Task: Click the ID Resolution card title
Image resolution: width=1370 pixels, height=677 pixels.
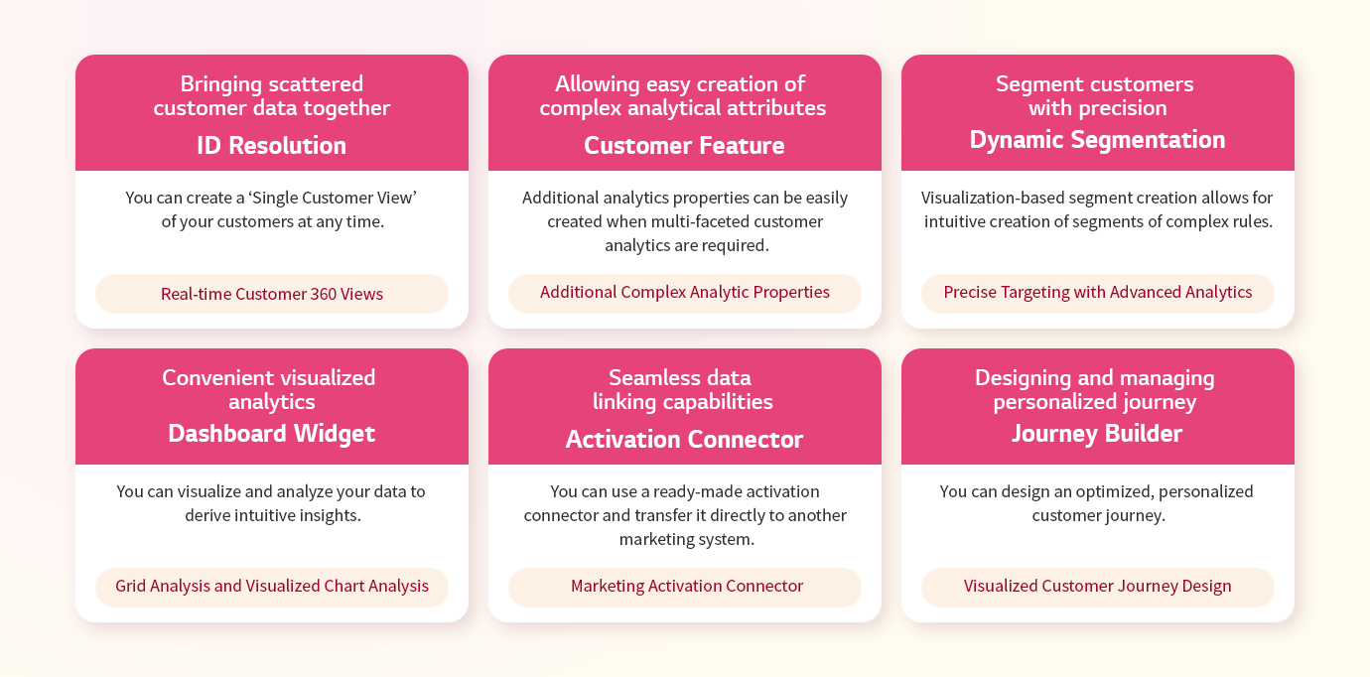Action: pyautogui.click(x=272, y=146)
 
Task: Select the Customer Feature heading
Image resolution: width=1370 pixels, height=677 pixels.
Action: pyautogui.click(x=684, y=146)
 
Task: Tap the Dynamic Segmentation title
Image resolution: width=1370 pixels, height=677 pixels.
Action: pyautogui.click(x=1097, y=140)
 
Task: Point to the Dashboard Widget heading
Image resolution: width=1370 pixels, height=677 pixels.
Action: pyautogui.click(x=272, y=434)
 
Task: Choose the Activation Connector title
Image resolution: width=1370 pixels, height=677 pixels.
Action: pyautogui.click(x=684, y=439)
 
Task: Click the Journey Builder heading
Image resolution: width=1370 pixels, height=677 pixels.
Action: pyautogui.click(x=1097, y=434)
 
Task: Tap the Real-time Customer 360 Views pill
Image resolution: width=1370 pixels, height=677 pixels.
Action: pyautogui.click(x=272, y=294)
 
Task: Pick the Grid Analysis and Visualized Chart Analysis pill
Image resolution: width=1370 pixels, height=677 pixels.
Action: pyautogui.click(x=272, y=587)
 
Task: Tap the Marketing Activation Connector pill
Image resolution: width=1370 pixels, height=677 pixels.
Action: pyautogui.click(x=684, y=587)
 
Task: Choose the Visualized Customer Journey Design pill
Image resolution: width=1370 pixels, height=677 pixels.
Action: pyautogui.click(x=1097, y=587)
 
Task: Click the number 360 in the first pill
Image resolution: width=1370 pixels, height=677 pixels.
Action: pyautogui.click(x=323, y=294)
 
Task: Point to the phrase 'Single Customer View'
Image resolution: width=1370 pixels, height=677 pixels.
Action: pyautogui.click(x=333, y=199)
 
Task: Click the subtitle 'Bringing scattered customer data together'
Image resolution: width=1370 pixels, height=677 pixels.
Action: pyautogui.click(x=272, y=96)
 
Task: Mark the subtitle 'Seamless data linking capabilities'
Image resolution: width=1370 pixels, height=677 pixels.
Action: pyautogui.click(x=683, y=389)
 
